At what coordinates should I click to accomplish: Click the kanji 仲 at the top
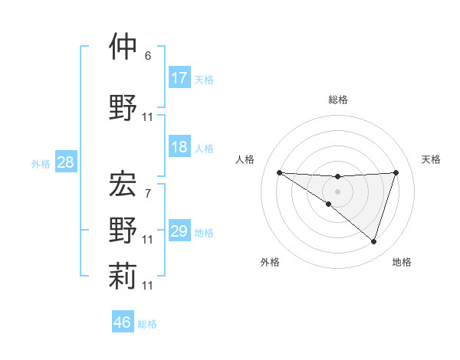pos(123,47)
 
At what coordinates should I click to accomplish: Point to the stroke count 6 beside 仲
pos(148,56)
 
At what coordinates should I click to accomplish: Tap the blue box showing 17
pos(179,78)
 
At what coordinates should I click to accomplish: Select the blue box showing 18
pos(179,147)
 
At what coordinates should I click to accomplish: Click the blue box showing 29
pos(179,231)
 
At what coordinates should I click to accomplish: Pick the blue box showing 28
pos(65,162)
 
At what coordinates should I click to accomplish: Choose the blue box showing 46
pos(123,322)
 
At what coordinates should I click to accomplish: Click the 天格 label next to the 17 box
pos(204,80)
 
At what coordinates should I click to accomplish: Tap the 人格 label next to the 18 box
pos(204,149)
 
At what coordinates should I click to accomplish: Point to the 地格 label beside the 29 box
pos(204,233)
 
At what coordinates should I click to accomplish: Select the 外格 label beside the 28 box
pos(40,164)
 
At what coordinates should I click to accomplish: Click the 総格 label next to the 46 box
pos(147,324)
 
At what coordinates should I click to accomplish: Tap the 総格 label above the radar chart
pos(338,100)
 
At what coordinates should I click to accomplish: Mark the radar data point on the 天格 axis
pos(396,172)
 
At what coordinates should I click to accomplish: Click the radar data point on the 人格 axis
pos(279,172)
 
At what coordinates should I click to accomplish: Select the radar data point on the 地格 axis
pos(374,241)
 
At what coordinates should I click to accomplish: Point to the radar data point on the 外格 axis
pos(329,204)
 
